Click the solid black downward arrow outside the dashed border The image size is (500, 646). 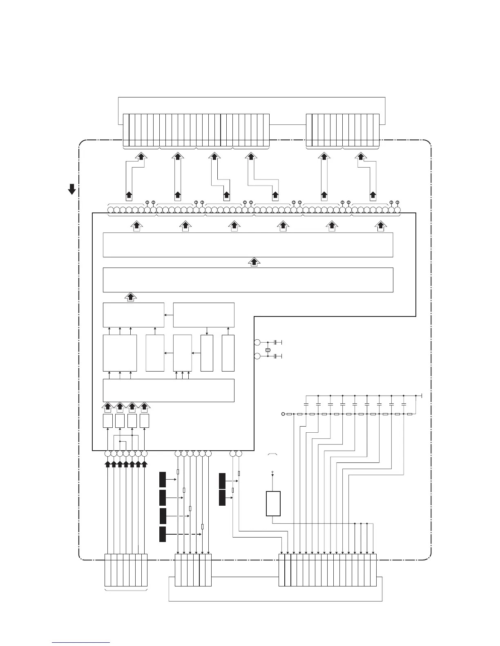[72, 189]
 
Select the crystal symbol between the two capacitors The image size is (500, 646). [268, 350]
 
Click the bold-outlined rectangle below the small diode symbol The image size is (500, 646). [273, 504]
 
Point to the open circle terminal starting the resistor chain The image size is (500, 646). [283, 414]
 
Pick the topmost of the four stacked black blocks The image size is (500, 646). [163, 480]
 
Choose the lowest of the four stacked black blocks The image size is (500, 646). [163, 534]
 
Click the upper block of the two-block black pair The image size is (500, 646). [222, 481]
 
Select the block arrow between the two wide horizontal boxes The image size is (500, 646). [254, 262]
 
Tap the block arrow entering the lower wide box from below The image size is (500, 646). [130, 297]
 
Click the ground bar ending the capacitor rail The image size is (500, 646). [421, 396]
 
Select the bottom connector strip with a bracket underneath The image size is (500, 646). [126, 570]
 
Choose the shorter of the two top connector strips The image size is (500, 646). [343, 130]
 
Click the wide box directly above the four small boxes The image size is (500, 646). [168, 390]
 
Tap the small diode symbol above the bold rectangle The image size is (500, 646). [272, 473]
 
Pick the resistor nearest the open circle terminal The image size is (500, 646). [289, 414]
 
